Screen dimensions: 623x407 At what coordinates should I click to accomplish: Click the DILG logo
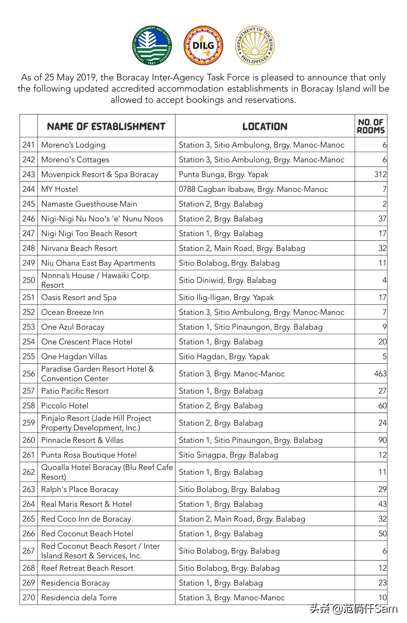(203, 45)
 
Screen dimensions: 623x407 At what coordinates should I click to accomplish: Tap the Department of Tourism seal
(255, 45)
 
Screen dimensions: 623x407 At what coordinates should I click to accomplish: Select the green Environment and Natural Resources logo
(152, 45)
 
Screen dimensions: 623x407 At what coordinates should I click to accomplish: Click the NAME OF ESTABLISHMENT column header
(106, 127)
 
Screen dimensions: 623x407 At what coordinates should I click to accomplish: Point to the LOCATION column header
(265, 127)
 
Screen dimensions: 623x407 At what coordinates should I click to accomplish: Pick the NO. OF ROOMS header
(371, 126)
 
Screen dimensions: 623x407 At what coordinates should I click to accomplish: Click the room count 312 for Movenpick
(380, 174)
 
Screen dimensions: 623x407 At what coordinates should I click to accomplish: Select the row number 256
(29, 373)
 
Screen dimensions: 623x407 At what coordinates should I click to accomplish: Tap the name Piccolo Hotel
(65, 406)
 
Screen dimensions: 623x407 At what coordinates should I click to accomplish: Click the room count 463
(380, 373)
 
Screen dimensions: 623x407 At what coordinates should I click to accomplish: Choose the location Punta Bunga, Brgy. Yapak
(223, 174)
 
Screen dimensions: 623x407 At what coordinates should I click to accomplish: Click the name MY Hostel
(59, 189)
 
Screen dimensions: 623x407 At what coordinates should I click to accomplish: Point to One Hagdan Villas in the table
(74, 357)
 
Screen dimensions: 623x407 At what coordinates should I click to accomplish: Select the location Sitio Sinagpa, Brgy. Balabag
(228, 455)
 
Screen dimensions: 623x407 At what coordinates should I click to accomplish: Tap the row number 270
(29, 597)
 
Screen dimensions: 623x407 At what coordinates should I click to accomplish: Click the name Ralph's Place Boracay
(80, 489)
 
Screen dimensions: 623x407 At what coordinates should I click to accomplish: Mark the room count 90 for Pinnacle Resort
(382, 440)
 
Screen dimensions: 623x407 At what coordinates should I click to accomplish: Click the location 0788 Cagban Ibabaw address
(253, 189)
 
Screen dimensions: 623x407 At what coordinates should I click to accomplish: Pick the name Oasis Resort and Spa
(79, 297)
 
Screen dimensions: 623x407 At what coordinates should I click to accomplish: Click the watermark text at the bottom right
(353, 609)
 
